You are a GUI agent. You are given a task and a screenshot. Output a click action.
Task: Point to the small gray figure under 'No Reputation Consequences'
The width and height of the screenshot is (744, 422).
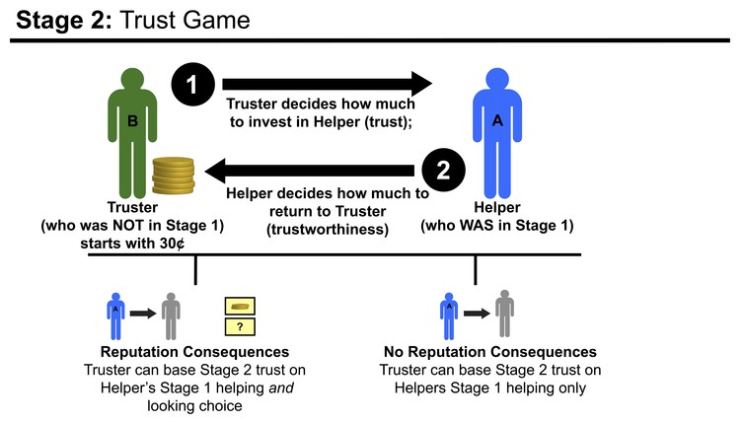pyautogui.click(x=504, y=315)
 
